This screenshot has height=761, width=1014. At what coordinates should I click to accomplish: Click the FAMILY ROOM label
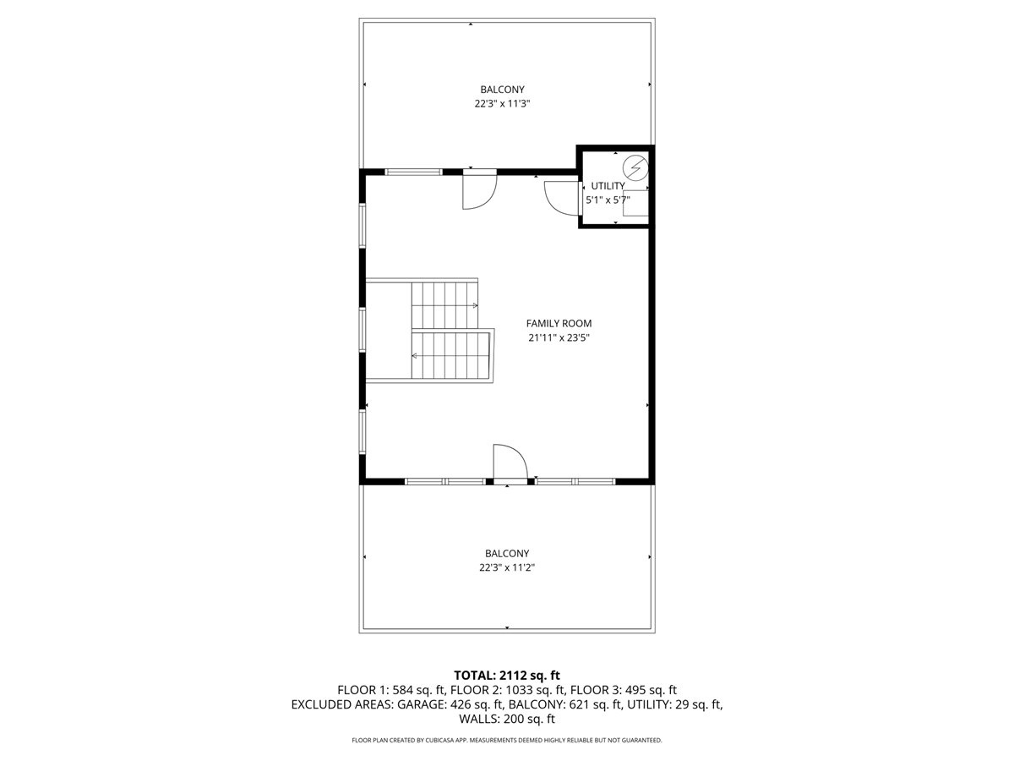(559, 323)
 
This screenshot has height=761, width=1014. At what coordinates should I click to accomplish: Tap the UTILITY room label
(608, 186)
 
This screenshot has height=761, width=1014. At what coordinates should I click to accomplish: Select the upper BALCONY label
(502, 90)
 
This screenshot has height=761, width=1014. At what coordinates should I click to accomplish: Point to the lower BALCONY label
(507, 554)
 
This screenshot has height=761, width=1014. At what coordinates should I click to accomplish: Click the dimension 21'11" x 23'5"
(559, 337)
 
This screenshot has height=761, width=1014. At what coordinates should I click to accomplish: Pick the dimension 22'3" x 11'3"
(502, 104)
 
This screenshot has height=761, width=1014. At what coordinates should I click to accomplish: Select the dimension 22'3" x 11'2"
(507, 568)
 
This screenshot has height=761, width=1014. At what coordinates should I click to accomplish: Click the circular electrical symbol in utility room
(636, 166)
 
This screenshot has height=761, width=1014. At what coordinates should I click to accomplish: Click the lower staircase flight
(450, 355)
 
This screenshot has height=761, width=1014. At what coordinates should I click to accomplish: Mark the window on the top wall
(414, 172)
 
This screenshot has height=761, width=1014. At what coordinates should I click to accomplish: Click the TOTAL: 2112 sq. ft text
(507, 675)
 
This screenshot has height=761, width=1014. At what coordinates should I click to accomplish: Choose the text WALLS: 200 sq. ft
(507, 720)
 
